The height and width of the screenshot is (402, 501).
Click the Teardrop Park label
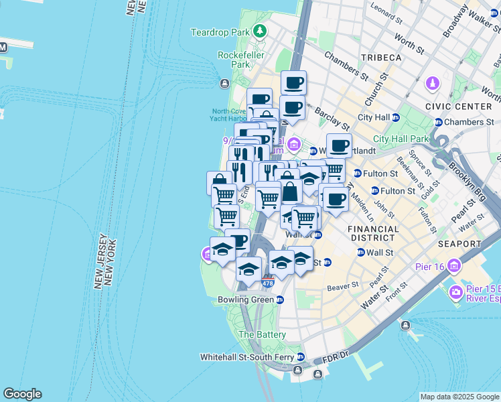click(220, 31)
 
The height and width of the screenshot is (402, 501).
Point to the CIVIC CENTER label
click(458, 106)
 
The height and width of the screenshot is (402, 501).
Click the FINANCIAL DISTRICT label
click(373, 233)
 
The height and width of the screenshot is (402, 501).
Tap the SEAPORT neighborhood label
click(459, 244)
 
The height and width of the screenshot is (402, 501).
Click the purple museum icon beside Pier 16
click(455, 266)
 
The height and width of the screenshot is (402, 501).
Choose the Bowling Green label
click(246, 299)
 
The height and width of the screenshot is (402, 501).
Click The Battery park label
click(263, 334)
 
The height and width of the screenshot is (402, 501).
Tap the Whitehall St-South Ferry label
click(247, 357)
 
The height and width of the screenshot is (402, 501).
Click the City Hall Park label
click(400, 139)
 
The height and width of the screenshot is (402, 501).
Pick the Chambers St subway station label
click(468, 122)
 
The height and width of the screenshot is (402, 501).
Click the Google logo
click(22, 394)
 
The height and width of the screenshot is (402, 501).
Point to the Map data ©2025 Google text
click(459, 397)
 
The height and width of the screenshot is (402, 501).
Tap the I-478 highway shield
click(268, 283)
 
